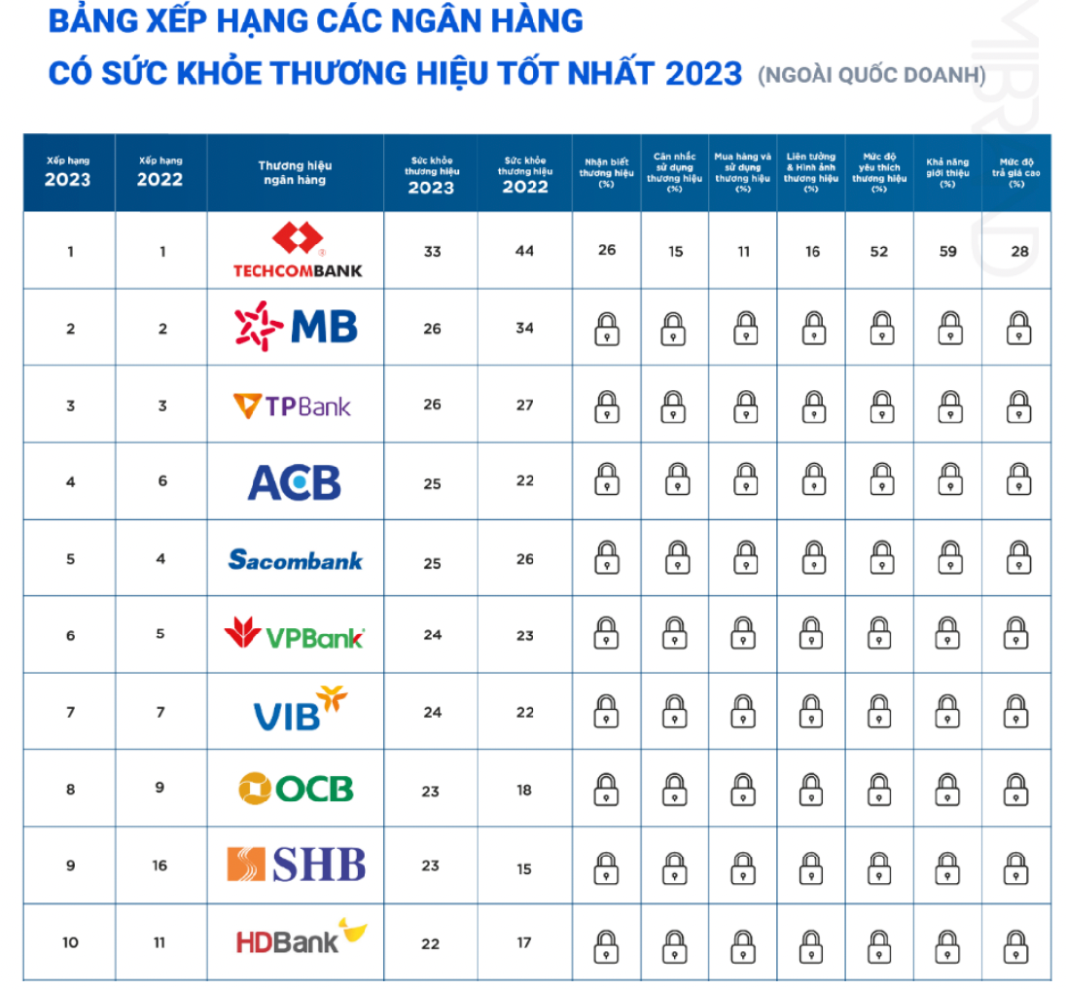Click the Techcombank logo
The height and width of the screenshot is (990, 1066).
[x=297, y=251]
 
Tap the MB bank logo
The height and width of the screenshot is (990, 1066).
[x=297, y=327]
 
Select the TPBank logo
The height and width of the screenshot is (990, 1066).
[x=293, y=406]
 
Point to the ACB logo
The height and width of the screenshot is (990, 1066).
[x=294, y=482]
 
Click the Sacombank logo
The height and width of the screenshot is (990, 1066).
[x=295, y=559]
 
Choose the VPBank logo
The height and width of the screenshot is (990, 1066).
[x=294, y=635]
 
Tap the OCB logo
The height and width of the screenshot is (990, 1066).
[x=296, y=788]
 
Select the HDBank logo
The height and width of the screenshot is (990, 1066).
[x=302, y=938]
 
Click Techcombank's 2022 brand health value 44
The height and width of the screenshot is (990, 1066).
[x=525, y=251]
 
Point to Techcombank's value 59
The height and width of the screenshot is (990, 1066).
[x=948, y=251]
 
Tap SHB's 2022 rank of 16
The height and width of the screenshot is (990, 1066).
[x=160, y=866]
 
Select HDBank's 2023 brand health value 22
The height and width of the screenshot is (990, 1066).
[x=431, y=943]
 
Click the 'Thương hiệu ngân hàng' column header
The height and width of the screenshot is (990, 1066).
[x=295, y=173]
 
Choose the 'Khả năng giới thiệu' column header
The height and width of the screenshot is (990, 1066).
[x=947, y=173]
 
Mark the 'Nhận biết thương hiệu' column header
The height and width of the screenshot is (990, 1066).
[x=607, y=173]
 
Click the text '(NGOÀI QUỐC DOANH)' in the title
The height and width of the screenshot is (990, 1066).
[x=871, y=74]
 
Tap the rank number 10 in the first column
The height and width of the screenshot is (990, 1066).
[x=70, y=942]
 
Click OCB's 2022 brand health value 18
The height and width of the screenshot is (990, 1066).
[x=524, y=791]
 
